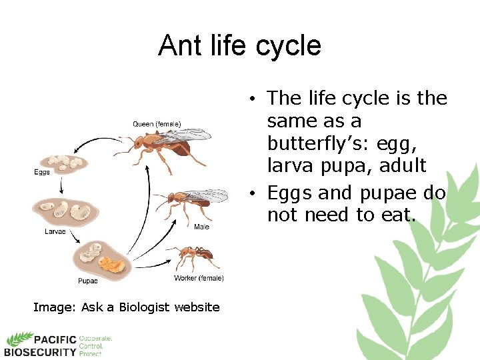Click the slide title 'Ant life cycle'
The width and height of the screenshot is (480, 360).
tap(239, 46)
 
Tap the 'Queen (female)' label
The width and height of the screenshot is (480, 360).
tap(157, 124)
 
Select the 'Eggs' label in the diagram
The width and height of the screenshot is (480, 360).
tap(42, 173)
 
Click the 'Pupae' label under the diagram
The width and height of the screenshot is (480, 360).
tap(87, 281)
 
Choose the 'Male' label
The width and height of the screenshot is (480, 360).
tap(202, 227)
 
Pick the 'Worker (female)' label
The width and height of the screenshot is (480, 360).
tap(199, 278)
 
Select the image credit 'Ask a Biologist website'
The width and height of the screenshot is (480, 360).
tap(150, 307)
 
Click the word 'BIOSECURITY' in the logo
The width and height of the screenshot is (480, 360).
tap(40, 352)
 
